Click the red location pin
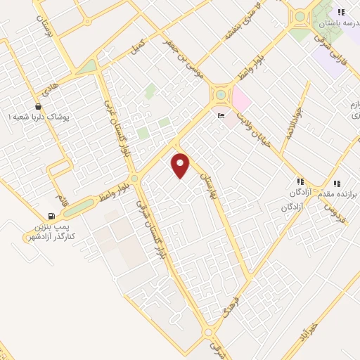click(181, 165)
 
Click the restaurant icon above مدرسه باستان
click(341, 12)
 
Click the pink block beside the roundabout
click(241, 99)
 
